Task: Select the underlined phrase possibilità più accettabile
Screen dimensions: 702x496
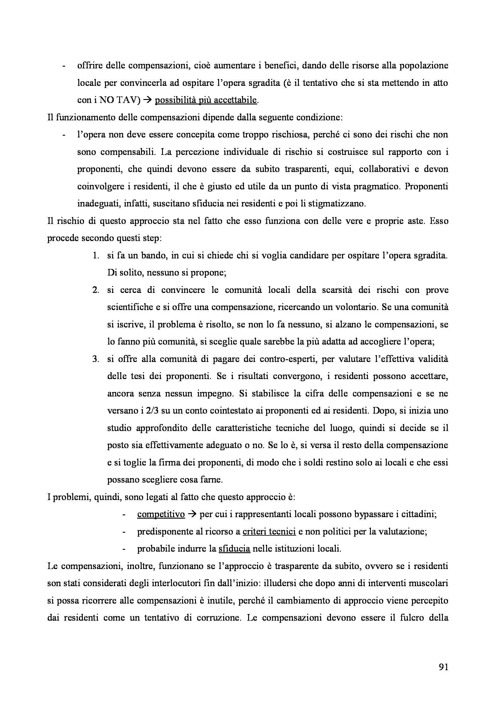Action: (x=206, y=100)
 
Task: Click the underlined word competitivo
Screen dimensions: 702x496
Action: (x=161, y=515)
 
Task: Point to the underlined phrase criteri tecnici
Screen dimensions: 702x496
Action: (x=269, y=532)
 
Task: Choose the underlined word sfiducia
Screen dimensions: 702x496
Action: (x=234, y=549)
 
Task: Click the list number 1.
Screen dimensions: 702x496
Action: (x=95, y=256)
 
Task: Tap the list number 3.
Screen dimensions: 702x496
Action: (x=95, y=359)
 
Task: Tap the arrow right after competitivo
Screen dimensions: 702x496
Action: (x=192, y=515)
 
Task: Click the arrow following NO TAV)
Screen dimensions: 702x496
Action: (x=147, y=100)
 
